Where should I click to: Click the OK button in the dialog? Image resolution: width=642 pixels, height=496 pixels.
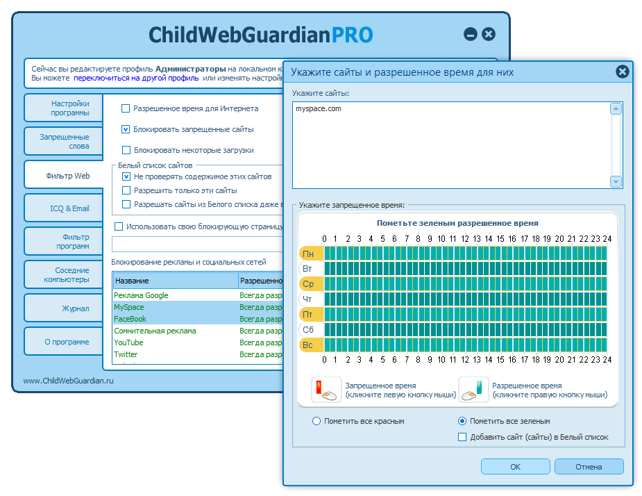click(515, 467)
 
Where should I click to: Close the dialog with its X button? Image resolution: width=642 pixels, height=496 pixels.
click(623, 71)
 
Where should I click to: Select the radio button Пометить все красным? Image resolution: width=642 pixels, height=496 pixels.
click(317, 421)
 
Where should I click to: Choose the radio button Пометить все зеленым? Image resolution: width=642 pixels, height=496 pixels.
click(462, 421)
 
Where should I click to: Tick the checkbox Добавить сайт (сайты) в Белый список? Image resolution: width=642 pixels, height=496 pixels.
click(462, 437)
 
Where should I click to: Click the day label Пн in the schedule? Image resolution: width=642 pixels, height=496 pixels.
click(308, 254)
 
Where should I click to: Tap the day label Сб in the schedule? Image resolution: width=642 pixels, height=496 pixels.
click(308, 329)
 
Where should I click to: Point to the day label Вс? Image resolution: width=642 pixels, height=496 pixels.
click(308, 345)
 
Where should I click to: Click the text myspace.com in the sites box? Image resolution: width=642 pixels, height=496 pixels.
click(318, 109)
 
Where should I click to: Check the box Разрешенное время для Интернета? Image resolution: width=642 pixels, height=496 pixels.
click(126, 108)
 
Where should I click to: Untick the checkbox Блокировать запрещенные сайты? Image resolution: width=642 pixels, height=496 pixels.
click(126, 129)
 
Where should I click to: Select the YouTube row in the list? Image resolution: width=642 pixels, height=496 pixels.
click(128, 342)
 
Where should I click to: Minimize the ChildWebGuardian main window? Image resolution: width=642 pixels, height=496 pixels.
click(471, 34)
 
